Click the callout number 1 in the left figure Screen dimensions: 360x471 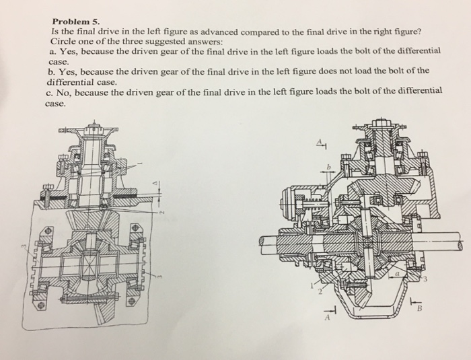pos(140,163)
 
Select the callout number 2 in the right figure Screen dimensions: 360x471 pos(321,293)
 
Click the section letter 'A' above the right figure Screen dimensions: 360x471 pos(322,142)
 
